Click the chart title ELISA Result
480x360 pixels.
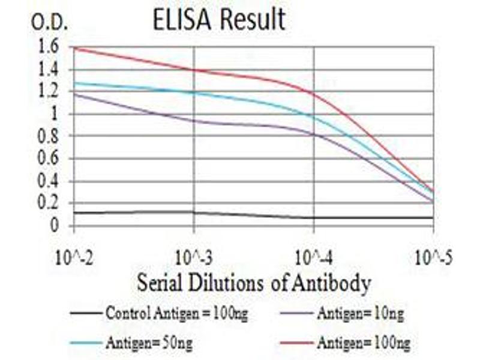click(218, 20)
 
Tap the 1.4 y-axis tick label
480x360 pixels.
click(50, 70)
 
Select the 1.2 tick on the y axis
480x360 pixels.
click(50, 92)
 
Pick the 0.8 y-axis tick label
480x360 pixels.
click(50, 137)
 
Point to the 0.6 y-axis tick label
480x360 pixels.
click(50, 159)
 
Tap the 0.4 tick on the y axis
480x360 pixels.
click(50, 181)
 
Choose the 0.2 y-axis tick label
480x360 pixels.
click(50, 204)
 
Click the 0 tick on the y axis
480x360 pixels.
click(55, 226)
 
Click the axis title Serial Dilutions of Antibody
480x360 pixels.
click(253, 283)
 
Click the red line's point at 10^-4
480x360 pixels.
click(314, 92)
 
